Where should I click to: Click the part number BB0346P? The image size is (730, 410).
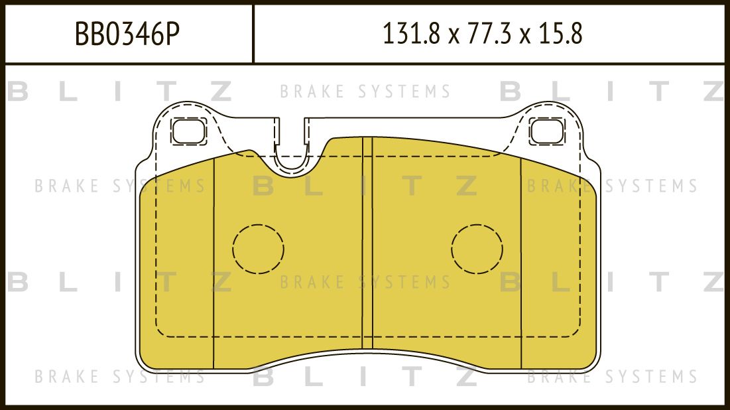pyautogui.click(x=127, y=34)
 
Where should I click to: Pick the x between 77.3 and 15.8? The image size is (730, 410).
pyautogui.click(x=526, y=36)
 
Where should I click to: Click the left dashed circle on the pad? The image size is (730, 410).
pyautogui.click(x=258, y=249)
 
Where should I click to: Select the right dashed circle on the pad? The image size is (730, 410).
pyautogui.click(x=477, y=249)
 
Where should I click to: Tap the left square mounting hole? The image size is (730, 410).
pyautogui.click(x=189, y=131)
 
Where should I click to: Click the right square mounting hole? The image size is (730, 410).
pyautogui.click(x=547, y=131)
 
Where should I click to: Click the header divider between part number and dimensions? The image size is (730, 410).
pyautogui.click(x=253, y=34)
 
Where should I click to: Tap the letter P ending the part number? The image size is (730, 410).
pyautogui.click(x=172, y=34)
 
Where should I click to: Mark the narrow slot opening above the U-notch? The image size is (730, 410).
pyautogui.click(x=292, y=129)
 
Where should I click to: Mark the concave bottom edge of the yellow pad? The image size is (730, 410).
pyautogui.click(x=367, y=350)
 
